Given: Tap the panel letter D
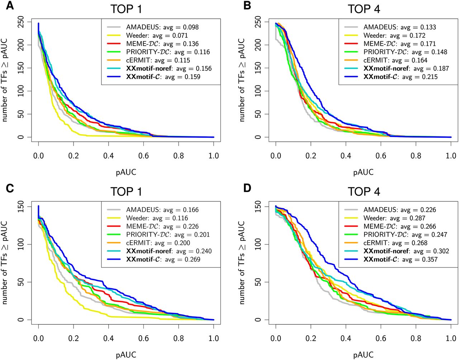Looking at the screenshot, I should pyautogui.click(x=247, y=188).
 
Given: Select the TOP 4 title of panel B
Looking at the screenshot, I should pyautogui.click(x=364, y=9).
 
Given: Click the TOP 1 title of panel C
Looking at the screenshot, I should pyautogui.click(x=126, y=192).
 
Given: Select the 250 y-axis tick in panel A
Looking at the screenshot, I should pyautogui.click(x=21, y=22).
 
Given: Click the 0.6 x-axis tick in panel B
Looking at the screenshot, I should pyautogui.click(x=381, y=156).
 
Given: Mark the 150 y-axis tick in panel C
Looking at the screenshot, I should pyautogui.click(x=21, y=207).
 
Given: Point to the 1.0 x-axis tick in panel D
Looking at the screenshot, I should pyautogui.click(x=451, y=338).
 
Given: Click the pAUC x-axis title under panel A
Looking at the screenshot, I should pyautogui.click(x=126, y=172).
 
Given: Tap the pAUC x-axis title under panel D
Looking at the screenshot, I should pyautogui.click(x=363, y=355).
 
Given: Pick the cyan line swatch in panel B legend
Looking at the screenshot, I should pyautogui.click(x=351, y=69).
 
